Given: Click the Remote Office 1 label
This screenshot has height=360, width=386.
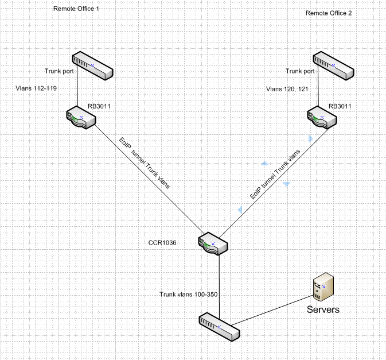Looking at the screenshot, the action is click(x=76, y=9).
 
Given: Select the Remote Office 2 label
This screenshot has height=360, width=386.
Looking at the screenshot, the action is click(x=329, y=13).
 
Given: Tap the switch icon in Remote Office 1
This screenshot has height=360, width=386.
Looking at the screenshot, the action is click(x=92, y=66).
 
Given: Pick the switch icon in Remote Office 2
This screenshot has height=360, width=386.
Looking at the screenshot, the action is click(x=333, y=66).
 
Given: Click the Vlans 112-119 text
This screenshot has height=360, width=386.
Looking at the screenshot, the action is click(x=36, y=88).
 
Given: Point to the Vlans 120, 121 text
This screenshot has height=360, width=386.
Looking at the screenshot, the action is click(x=287, y=89).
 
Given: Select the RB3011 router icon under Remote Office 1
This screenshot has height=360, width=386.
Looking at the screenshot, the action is click(x=81, y=118).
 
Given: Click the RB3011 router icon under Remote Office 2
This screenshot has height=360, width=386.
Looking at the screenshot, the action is click(x=322, y=118).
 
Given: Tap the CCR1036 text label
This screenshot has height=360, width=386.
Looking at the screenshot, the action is click(x=162, y=243).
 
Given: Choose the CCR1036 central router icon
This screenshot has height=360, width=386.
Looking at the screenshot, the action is click(x=213, y=243).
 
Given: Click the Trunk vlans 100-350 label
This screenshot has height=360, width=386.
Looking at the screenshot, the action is click(x=188, y=294).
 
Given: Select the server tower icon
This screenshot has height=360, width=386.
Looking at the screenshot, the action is click(x=323, y=287).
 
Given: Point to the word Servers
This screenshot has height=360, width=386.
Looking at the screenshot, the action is click(x=323, y=309).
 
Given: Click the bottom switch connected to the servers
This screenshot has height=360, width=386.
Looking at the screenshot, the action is click(x=219, y=327).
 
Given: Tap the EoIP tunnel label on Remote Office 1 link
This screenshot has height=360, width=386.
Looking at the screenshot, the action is click(x=145, y=163).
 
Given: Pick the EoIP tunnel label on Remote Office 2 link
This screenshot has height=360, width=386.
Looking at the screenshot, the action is click(x=275, y=174).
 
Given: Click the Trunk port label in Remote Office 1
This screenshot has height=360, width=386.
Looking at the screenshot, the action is click(x=59, y=71).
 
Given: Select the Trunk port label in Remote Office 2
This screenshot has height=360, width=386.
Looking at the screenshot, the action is click(x=300, y=71).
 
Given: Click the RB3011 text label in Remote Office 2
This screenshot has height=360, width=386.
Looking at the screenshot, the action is click(x=340, y=106).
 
